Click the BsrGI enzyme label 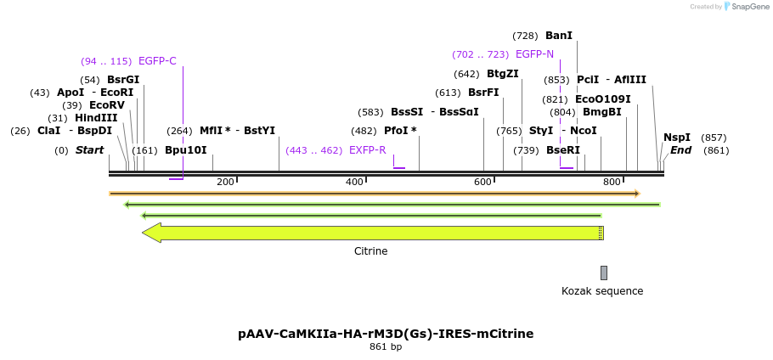coord(123,80)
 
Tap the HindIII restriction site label coord(96,118)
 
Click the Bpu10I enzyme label coord(186,150)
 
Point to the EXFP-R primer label coord(367,150)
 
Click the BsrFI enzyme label coord(483,93)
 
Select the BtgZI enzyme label coord(503,74)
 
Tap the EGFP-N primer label coord(534,54)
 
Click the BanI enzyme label coord(559,36)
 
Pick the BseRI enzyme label coord(563,150)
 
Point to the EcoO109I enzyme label coord(603,99)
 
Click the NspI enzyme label coord(677,138)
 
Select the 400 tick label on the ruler coord(355,182)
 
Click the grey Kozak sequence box coord(604,273)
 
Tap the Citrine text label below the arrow coord(370,251)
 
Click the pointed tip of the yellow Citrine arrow coord(144,233)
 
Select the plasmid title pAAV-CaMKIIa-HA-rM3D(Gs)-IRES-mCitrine coord(386,334)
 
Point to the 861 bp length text coord(386,347)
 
